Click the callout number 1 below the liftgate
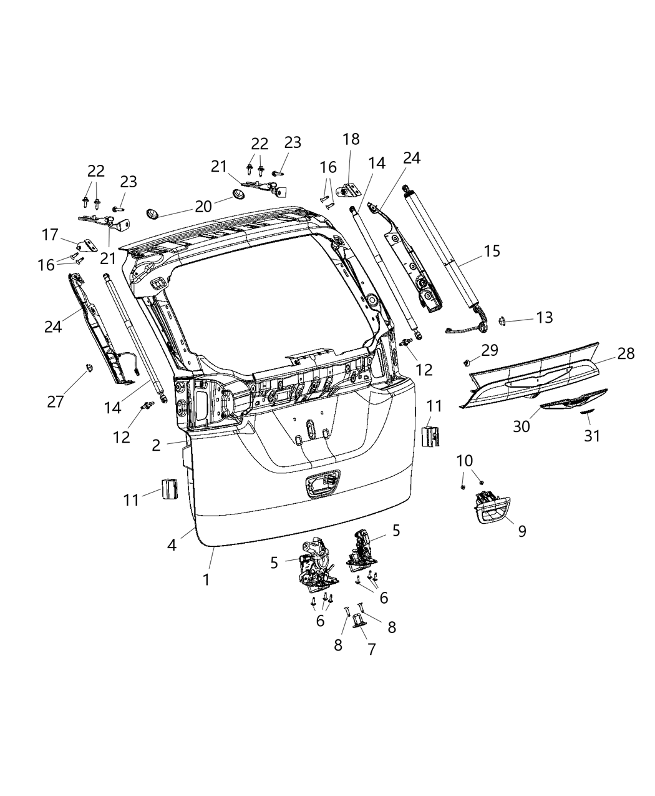point(206,579)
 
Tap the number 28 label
point(626,353)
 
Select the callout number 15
point(492,251)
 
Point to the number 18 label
point(351,139)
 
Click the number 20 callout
point(203,205)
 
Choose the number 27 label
point(56,401)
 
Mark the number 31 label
point(591,435)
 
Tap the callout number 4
point(172,544)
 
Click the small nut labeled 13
point(501,321)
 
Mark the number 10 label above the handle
point(465,461)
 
